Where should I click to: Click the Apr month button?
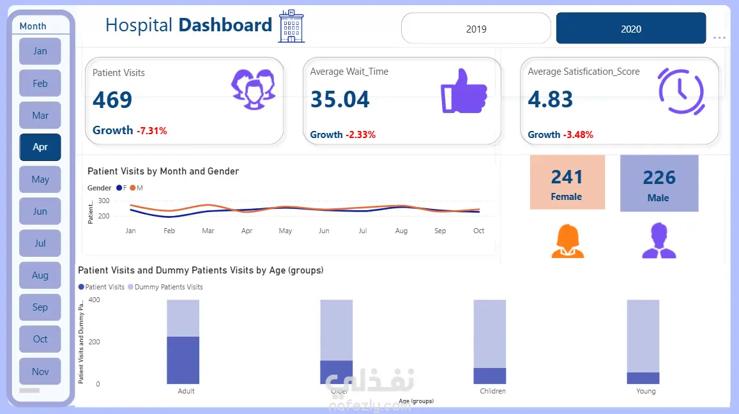click(40, 147)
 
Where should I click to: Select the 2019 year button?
click(476, 29)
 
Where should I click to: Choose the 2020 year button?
click(631, 29)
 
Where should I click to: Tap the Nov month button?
click(40, 372)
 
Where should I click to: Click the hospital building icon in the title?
click(291, 26)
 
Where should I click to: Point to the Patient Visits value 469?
click(112, 100)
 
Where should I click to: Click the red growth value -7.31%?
click(151, 131)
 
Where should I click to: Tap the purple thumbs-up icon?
click(464, 91)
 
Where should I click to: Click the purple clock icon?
click(681, 91)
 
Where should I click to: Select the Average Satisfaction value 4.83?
click(550, 100)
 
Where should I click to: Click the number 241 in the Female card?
click(567, 177)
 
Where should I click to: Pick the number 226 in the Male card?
click(659, 178)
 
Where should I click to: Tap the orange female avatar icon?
click(567, 241)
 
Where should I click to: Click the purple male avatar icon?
click(659, 241)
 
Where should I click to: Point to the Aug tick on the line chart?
click(401, 231)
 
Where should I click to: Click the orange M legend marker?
click(133, 188)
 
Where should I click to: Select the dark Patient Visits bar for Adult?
click(183, 360)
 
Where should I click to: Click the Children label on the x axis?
click(492, 391)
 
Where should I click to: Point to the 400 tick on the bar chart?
click(94, 300)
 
